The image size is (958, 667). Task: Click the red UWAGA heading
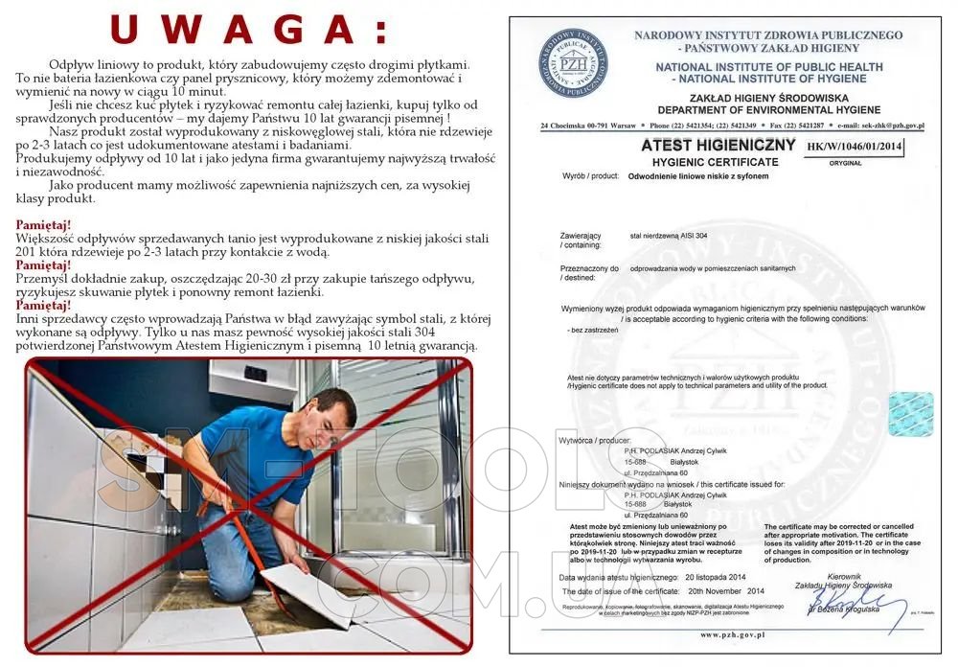click(x=249, y=30)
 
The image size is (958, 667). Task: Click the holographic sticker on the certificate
click(x=910, y=413)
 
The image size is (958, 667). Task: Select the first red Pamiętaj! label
click(x=45, y=224)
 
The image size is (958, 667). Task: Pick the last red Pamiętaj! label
click(x=45, y=305)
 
